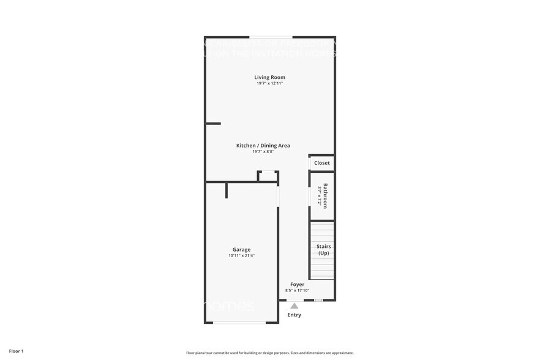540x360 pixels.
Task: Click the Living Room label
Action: pyautogui.click(x=270, y=77)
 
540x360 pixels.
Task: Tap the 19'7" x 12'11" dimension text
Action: pyautogui.click(x=270, y=83)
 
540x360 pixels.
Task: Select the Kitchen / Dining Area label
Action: pyautogui.click(x=263, y=146)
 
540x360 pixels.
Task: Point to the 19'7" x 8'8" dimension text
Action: pyautogui.click(x=263, y=152)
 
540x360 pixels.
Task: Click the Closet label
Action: pyautogui.click(x=322, y=163)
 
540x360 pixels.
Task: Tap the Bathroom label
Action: pyautogui.click(x=325, y=196)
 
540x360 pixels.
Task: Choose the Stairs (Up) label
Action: pyautogui.click(x=323, y=249)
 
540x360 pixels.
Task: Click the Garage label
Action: pyautogui.click(x=241, y=249)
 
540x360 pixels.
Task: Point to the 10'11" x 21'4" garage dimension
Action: pyautogui.click(x=241, y=255)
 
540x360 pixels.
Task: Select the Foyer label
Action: pyautogui.click(x=297, y=284)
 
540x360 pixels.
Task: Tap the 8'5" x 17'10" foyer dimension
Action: pyautogui.click(x=297, y=290)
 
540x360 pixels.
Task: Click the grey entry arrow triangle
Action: pyautogui.click(x=294, y=306)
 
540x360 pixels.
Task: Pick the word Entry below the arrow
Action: pyautogui.click(x=294, y=315)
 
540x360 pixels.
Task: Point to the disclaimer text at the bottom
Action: pyautogui.click(x=270, y=353)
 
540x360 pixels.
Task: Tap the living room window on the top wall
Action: pyautogui.click(x=269, y=37)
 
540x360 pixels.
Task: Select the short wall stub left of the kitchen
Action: pyautogui.click(x=213, y=124)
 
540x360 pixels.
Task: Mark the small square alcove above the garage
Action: pyautogui.click(x=268, y=176)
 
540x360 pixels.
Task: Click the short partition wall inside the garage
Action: pyautogui.click(x=227, y=190)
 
